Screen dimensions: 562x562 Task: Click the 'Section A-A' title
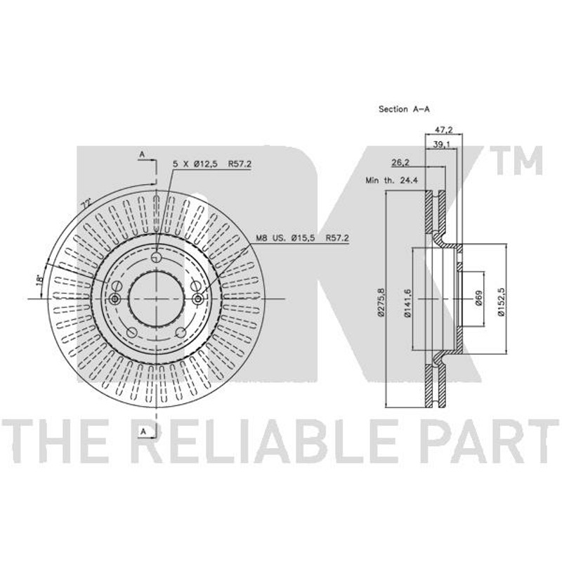(404, 109)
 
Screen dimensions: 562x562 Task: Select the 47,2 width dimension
(443, 129)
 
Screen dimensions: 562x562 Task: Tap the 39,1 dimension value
(442, 144)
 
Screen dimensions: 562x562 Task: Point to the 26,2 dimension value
(400, 163)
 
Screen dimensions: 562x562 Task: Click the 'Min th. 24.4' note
(392, 180)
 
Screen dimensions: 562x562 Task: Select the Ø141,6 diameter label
(407, 302)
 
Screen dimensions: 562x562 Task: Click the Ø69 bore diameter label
(479, 298)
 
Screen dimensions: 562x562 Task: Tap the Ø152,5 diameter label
(501, 301)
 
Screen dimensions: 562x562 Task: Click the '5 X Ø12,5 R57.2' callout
(212, 164)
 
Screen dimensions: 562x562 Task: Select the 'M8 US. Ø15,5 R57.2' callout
(303, 237)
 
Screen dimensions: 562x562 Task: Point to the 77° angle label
(86, 204)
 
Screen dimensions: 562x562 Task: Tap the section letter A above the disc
(142, 155)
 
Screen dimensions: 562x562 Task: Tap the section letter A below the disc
(143, 431)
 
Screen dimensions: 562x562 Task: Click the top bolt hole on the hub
(156, 256)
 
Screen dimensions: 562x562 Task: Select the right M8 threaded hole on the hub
(197, 299)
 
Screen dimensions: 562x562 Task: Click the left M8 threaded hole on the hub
(115, 299)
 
